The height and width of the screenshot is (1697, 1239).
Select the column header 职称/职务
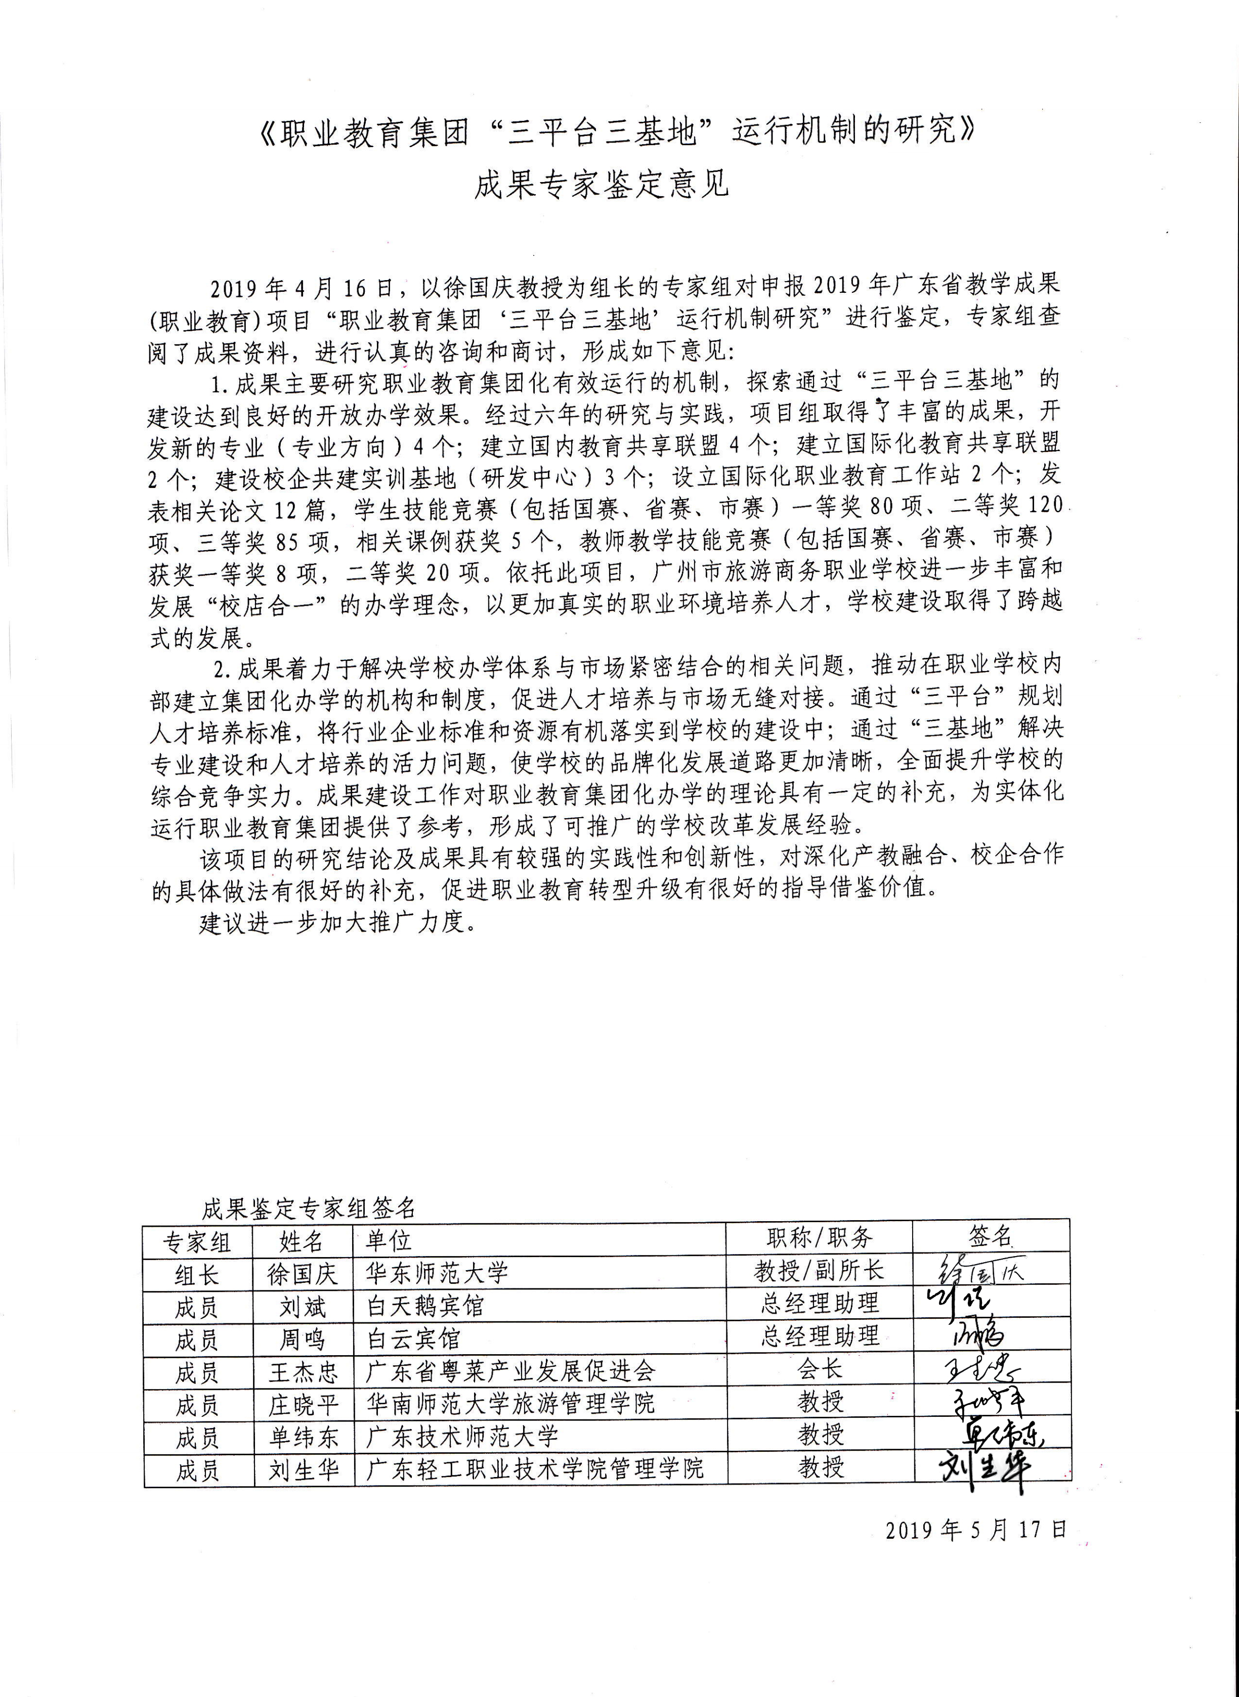coord(819,1238)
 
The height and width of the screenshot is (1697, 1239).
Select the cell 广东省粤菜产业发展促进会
coord(510,1371)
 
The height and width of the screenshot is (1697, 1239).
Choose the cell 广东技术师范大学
coord(462,1436)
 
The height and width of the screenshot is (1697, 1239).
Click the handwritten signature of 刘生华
coord(984,1471)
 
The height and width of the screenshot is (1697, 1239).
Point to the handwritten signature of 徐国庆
coord(982,1271)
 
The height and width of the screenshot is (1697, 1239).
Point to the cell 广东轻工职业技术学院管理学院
coord(535,1468)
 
